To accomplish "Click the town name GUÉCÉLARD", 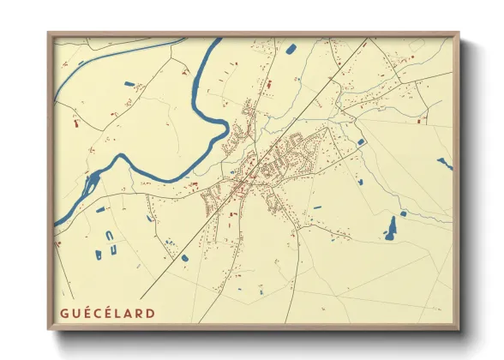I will [x=107, y=313].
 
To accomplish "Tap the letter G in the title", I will [x=65, y=313].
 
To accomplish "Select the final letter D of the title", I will [x=151, y=313].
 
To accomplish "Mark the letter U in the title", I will [x=75, y=313].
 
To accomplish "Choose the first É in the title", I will [x=86, y=313].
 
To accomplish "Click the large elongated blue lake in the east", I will [x=392, y=226].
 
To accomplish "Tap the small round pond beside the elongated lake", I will [x=403, y=213].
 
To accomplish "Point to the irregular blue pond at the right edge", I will [x=444, y=163].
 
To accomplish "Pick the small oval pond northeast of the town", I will [x=361, y=142].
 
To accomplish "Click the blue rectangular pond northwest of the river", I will [x=129, y=84].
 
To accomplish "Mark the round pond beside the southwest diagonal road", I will [x=183, y=256].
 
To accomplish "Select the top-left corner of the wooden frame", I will [x=49, y=34].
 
